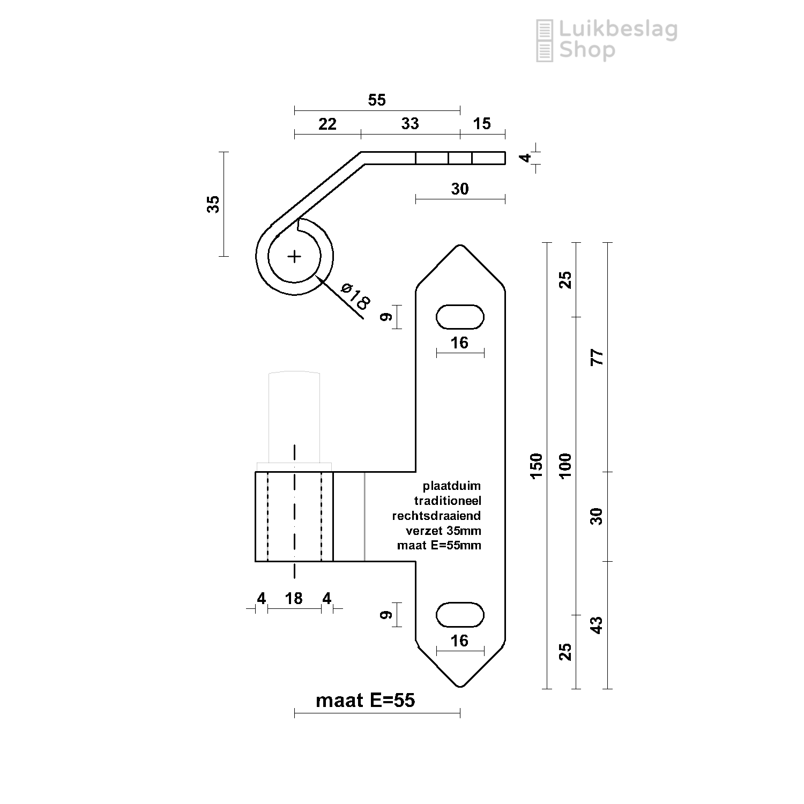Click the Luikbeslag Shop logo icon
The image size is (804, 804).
545,40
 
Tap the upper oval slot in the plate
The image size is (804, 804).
460,317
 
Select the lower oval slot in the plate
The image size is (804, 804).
460,614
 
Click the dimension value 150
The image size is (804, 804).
537,465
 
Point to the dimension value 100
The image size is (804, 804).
565,465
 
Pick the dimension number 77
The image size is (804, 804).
597,357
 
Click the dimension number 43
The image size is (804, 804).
597,625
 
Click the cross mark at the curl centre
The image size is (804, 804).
294,257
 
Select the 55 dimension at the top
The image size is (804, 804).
377,100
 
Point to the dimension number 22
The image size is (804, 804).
327,124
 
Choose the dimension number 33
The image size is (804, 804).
410,123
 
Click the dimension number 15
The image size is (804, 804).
482,123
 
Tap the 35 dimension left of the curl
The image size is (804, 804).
213,204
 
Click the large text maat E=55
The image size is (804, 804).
366,700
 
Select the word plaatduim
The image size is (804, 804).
452,486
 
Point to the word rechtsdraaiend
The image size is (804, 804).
436,516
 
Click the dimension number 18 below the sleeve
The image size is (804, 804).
294,598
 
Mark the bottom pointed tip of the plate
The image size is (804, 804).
460,687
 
